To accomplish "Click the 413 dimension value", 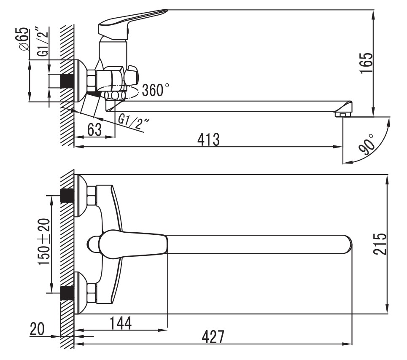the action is pyautogui.click(x=208, y=140).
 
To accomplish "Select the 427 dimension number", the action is pyautogui.click(x=213, y=337).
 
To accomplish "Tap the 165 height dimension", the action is pyautogui.click(x=366, y=63).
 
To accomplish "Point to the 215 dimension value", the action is pyautogui.click(x=380, y=244).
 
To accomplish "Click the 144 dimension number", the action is pyautogui.click(x=121, y=323).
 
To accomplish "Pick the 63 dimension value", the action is pyautogui.click(x=94, y=130).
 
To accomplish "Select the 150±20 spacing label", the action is pyautogui.click(x=43, y=242).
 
